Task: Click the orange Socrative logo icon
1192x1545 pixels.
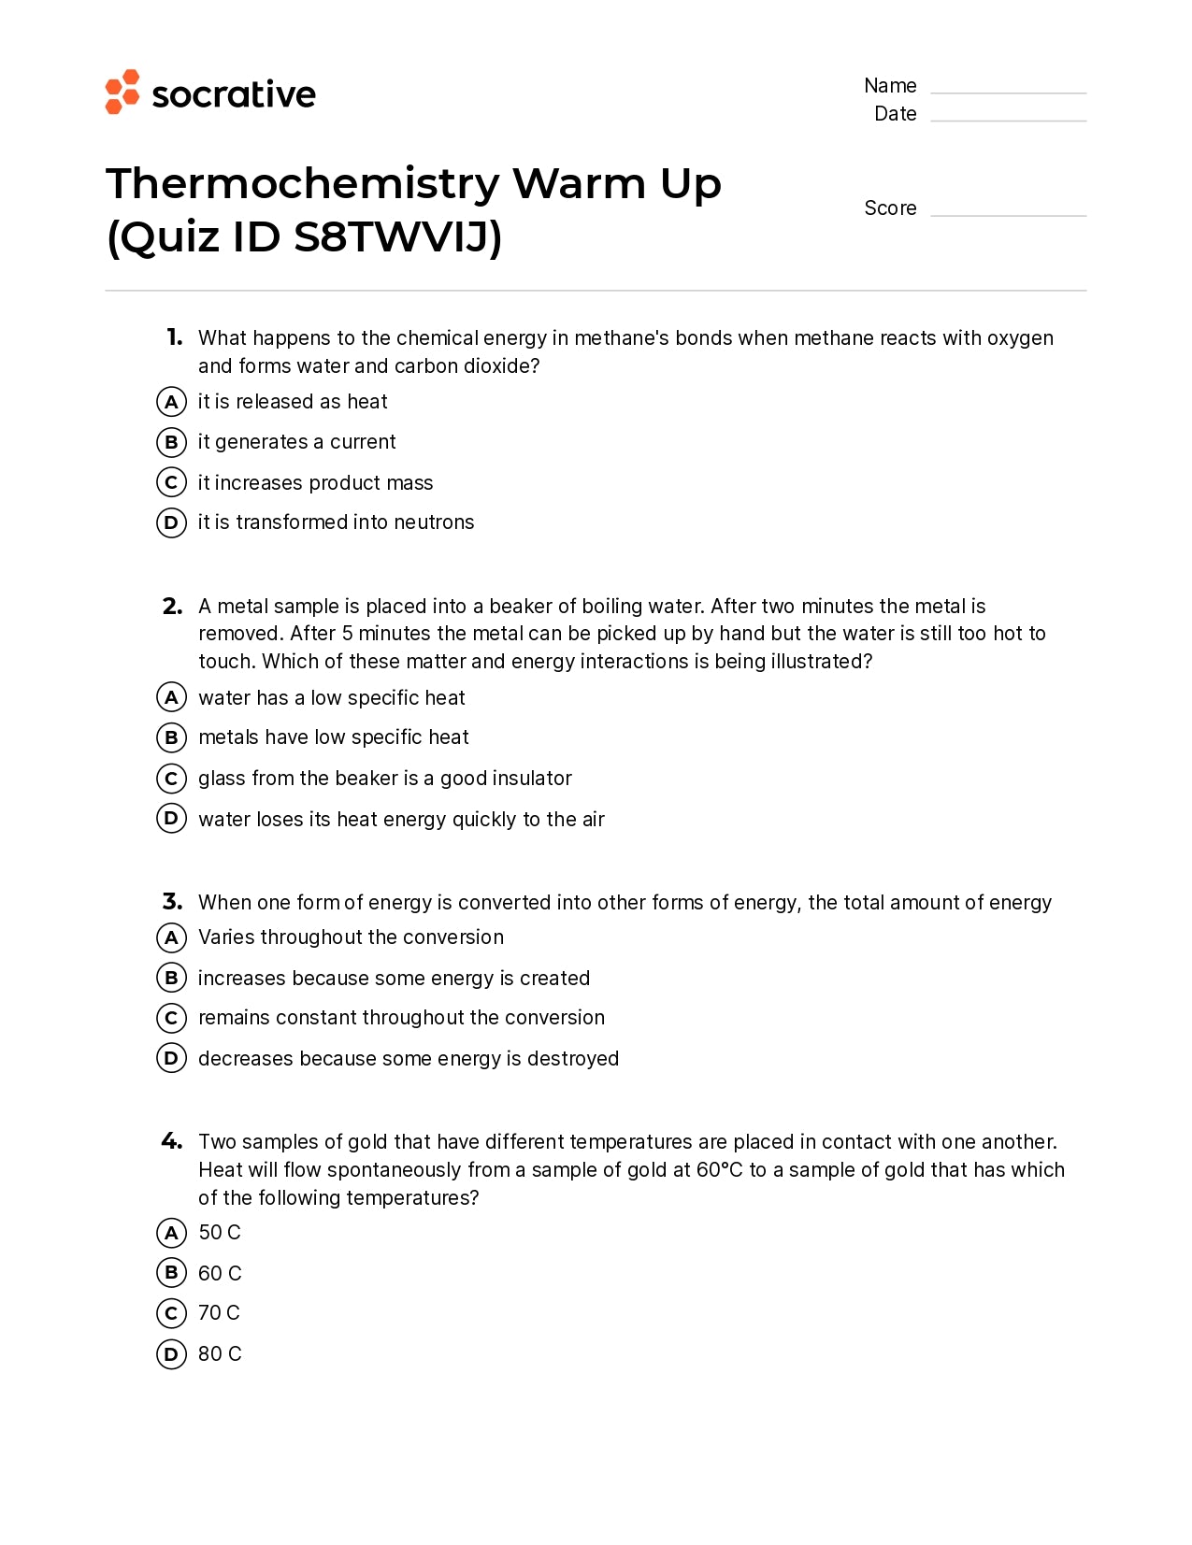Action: tap(122, 92)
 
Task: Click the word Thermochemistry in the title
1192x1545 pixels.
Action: tap(303, 183)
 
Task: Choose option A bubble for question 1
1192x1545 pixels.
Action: tap(171, 402)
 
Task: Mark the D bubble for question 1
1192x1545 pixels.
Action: tap(171, 522)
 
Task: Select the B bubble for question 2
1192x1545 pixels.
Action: tap(171, 737)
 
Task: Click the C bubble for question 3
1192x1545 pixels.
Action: tap(171, 1018)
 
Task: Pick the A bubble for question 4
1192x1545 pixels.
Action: tap(171, 1233)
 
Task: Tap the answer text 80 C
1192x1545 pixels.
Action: tap(220, 1353)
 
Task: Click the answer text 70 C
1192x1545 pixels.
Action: tap(219, 1313)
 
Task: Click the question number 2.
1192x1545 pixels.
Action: tap(172, 607)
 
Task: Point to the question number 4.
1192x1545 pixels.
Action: tap(172, 1141)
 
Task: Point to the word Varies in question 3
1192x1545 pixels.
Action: tap(226, 937)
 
